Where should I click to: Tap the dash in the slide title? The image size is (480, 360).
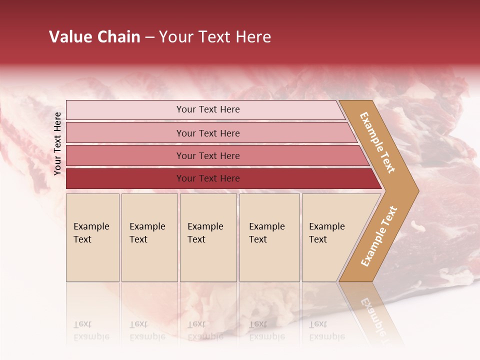[x=149, y=37]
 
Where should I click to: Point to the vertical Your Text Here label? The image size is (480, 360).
[x=57, y=143]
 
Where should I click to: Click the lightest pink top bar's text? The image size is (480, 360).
[x=208, y=109]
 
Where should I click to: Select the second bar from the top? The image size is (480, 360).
[x=208, y=133]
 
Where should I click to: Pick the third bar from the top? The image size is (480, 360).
[x=208, y=155]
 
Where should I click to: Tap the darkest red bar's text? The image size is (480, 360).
[x=208, y=178]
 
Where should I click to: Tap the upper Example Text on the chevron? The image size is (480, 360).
[x=377, y=142]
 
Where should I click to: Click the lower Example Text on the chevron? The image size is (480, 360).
[x=379, y=236]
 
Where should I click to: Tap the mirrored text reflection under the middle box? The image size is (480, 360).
[x=205, y=331]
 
